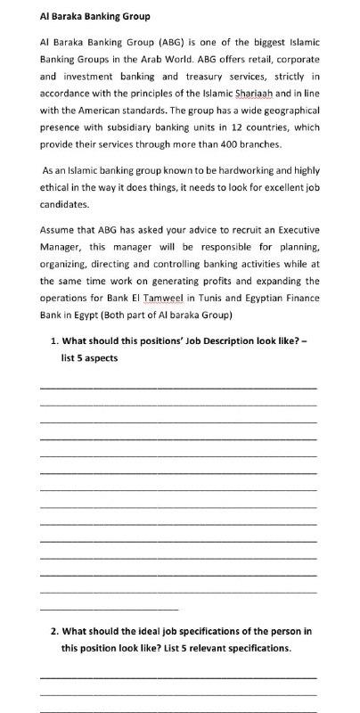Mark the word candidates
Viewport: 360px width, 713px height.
64,203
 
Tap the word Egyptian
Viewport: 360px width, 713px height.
265,298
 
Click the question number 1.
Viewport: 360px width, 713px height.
54,340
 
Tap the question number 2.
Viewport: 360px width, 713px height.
54,631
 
